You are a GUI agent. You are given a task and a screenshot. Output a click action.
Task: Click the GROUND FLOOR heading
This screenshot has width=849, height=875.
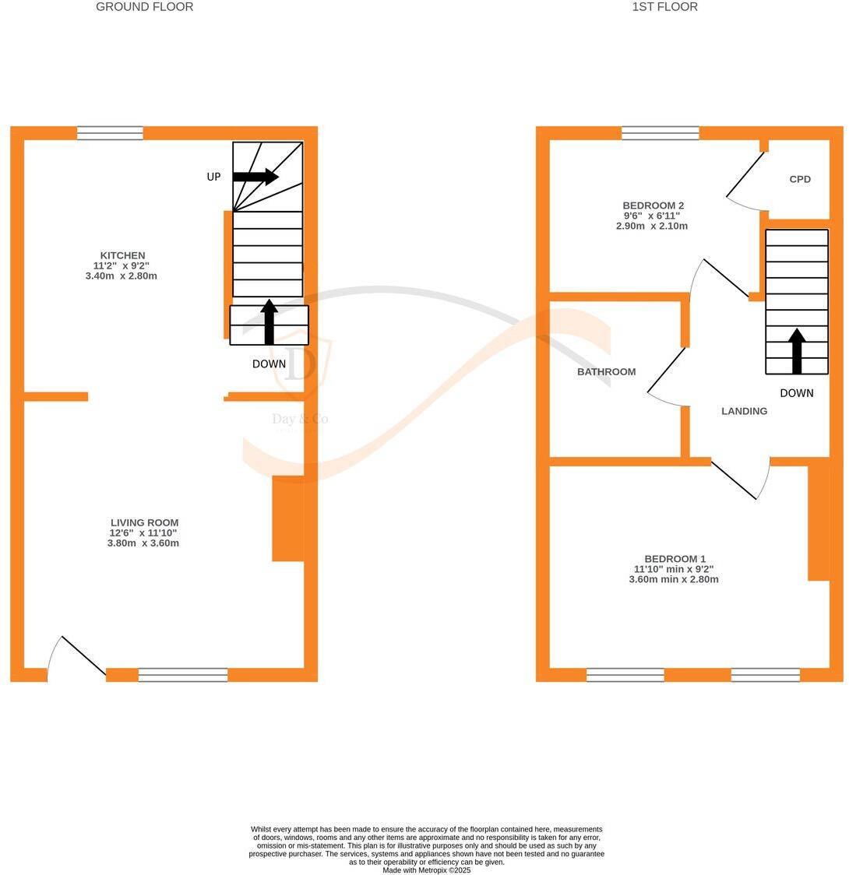pyautogui.click(x=144, y=7)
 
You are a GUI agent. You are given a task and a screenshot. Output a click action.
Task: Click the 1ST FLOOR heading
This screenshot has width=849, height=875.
pyautogui.click(x=664, y=7)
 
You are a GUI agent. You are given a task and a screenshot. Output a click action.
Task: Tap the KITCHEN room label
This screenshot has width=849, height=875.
pyautogui.click(x=122, y=255)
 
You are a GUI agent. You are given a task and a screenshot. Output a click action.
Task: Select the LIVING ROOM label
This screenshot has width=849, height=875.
pyautogui.click(x=144, y=523)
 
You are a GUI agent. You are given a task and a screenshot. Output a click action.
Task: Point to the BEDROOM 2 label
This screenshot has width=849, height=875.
pyautogui.click(x=653, y=206)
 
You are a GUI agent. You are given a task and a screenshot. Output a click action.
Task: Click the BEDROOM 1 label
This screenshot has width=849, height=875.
pyautogui.click(x=675, y=559)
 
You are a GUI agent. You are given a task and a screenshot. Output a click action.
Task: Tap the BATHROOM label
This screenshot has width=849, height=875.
pyautogui.click(x=606, y=372)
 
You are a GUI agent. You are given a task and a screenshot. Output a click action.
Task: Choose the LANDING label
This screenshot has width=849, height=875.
pyautogui.click(x=744, y=411)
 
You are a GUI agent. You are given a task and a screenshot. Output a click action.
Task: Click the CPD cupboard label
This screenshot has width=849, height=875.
pyautogui.click(x=800, y=179)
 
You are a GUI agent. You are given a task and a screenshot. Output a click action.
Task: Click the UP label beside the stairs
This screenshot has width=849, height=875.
pyautogui.click(x=213, y=177)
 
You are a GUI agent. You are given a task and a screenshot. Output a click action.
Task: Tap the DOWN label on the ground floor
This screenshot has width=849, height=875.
pyautogui.click(x=269, y=364)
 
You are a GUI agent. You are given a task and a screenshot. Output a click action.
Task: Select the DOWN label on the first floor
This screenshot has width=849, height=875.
pyautogui.click(x=796, y=393)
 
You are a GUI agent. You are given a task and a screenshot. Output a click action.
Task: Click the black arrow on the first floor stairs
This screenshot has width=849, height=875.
pyautogui.click(x=796, y=350)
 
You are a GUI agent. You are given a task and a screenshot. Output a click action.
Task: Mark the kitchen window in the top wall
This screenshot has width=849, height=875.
pyautogui.click(x=110, y=133)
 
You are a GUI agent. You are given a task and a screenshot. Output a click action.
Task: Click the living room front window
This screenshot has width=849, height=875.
pyautogui.click(x=183, y=675)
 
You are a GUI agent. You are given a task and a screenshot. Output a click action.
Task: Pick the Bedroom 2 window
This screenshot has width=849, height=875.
pyautogui.click(x=661, y=133)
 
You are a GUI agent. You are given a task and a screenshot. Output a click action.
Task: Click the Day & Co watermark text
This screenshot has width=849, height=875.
pyautogui.click(x=300, y=420)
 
